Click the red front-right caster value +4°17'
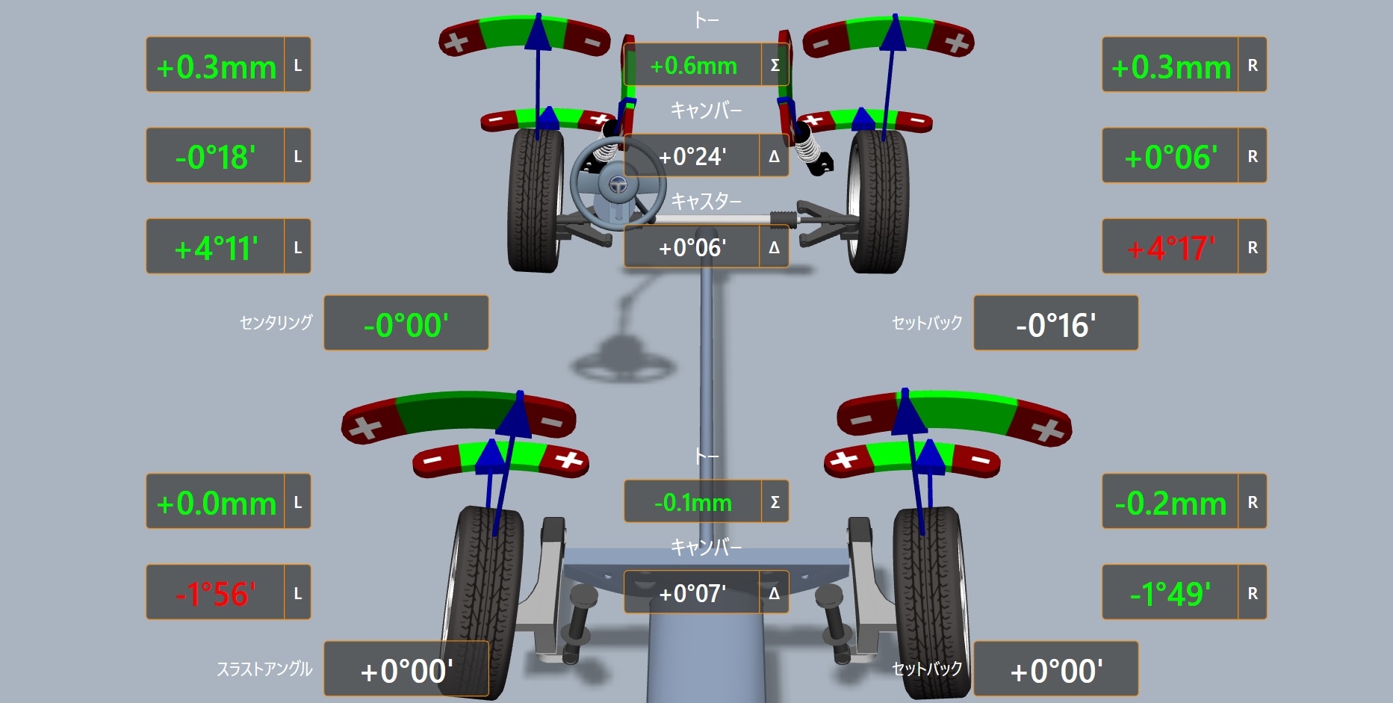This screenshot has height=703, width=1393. pyautogui.click(x=1171, y=248)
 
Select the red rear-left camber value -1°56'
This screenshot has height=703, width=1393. pyautogui.click(x=216, y=594)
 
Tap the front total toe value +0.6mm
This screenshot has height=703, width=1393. pyautogui.click(x=693, y=66)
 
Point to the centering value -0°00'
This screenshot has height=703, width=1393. pyautogui.click(x=406, y=325)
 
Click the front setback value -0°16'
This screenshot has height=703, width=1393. pyautogui.click(x=1056, y=325)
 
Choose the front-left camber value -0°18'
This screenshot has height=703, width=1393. pyautogui.click(x=216, y=157)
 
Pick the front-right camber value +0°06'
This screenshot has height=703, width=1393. pyautogui.click(x=1171, y=157)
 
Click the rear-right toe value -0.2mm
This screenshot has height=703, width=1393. pyautogui.click(x=1171, y=504)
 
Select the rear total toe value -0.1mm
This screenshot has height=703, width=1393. pyautogui.click(x=693, y=503)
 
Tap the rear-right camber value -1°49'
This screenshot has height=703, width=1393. pyautogui.click(x=1170, y=594)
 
